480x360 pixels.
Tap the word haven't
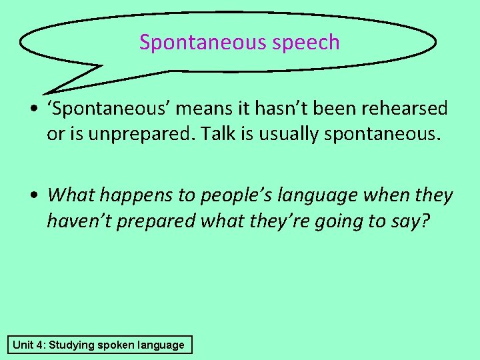[x=79, y=221]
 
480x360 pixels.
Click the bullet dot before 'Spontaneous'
[x=33, y=109]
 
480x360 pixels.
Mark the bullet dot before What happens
[x=33, y=196]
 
